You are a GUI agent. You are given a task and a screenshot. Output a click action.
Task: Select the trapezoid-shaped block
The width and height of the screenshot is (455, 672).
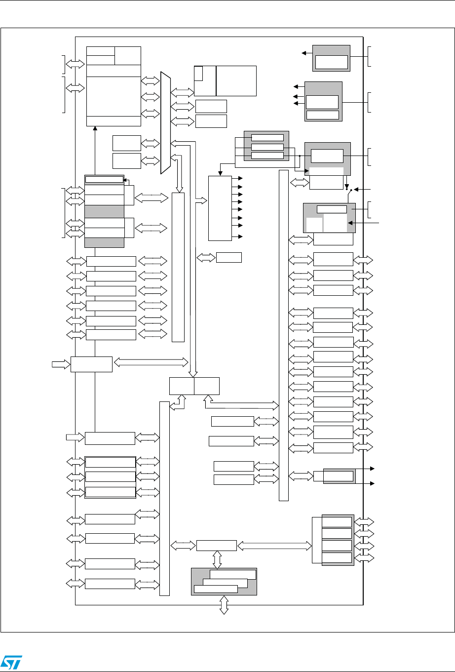point(165,124)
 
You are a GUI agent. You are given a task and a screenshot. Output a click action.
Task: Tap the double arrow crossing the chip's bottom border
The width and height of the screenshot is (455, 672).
point(224,604)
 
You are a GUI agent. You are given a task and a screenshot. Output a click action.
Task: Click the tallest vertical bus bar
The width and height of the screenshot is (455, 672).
point(283,335)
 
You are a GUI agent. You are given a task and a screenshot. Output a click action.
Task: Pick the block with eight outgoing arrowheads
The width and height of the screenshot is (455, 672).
point(220,207)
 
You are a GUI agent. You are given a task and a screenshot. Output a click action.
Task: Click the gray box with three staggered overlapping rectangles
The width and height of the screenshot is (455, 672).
point(224,582)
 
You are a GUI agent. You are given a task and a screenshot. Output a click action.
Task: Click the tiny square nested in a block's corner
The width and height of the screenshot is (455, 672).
point(198,73)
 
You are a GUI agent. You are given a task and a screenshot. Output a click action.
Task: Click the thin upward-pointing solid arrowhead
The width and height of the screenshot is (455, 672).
point(95,127)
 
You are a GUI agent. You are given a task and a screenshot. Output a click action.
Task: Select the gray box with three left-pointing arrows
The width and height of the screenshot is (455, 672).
point(323,101)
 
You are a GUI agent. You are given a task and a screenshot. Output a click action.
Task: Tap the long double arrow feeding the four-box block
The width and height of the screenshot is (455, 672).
point(274,546)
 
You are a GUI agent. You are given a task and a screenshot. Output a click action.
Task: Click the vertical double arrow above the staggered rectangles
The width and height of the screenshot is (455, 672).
point(217,559)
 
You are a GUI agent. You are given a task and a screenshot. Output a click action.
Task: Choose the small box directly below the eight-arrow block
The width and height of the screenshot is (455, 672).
point(228,257)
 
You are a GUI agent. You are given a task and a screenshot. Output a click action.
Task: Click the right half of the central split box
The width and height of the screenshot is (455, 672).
point(207,386)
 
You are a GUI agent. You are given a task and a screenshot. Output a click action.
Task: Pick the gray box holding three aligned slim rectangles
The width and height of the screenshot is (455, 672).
point(266,146)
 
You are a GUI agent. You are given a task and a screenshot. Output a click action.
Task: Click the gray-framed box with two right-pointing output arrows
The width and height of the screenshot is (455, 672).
point(339,476)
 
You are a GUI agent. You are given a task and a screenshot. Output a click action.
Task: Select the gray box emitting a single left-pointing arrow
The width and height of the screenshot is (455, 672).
point(331,58)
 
